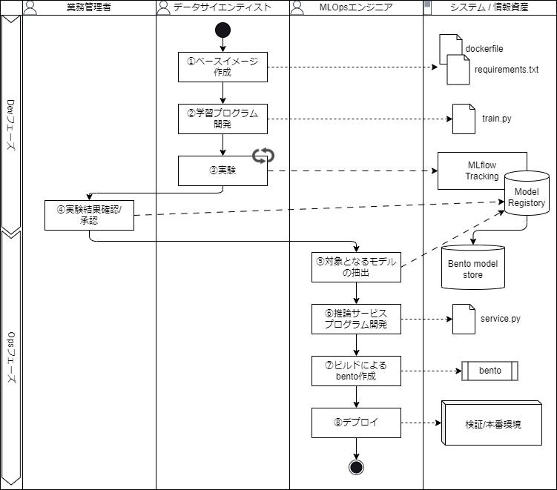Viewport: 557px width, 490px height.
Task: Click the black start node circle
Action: (223, 30)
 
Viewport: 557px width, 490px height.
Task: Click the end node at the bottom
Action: (356, 466)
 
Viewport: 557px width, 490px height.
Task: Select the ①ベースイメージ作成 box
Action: (223, 67)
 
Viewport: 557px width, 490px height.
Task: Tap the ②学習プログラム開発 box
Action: (223, 118)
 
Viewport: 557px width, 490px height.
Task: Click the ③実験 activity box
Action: (223, 170)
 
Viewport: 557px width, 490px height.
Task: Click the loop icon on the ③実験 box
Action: (263, 156)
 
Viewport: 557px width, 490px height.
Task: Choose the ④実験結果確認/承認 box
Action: (89, 215)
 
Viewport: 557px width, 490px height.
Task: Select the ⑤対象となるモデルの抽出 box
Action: (356, 267)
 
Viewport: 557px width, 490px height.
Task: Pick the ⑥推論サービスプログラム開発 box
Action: (356, 319)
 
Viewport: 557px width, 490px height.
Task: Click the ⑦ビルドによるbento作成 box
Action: (356, 371)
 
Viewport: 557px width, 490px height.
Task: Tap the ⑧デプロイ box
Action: (356, 423)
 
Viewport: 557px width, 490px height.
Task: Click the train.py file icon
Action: (464, 118)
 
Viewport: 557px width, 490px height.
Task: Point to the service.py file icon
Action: (464, 319)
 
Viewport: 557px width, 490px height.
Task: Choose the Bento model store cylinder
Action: (472, 268)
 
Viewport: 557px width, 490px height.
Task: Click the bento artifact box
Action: (490, 371)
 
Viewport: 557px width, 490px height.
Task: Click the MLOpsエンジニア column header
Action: (356, 7)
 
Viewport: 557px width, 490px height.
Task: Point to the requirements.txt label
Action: (506, 70)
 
